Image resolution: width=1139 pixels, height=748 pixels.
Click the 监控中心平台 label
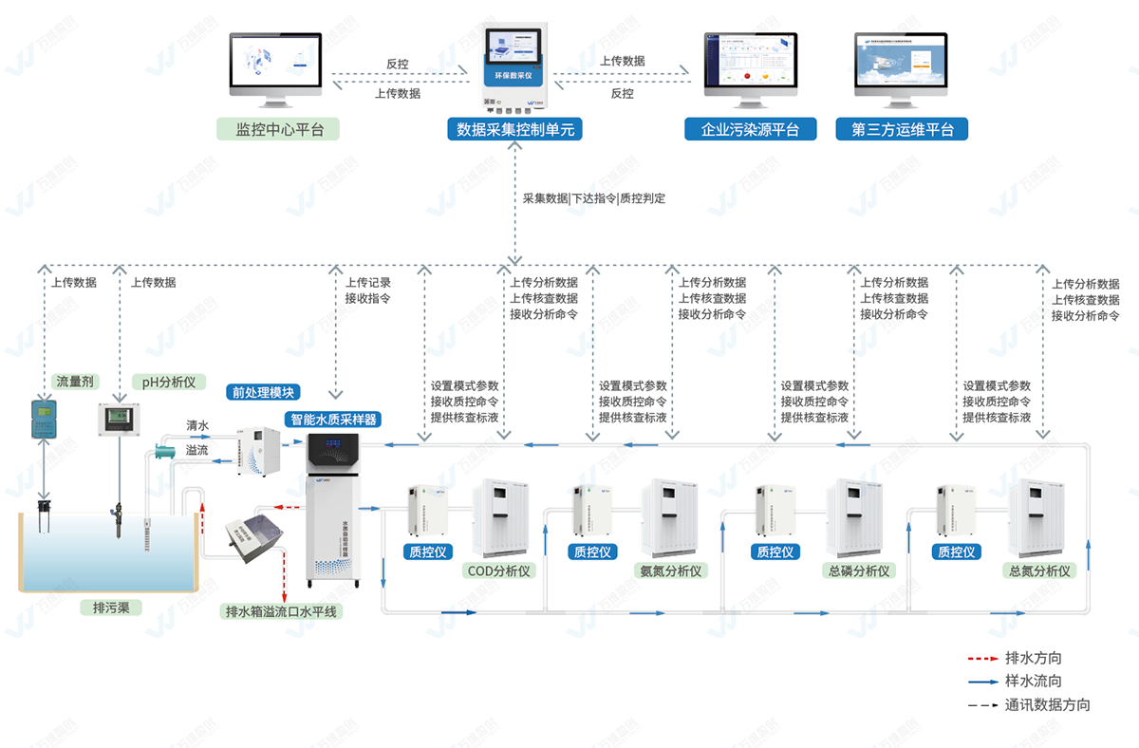(x=280, y=129)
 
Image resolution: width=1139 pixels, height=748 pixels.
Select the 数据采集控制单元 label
(x=515, y=129)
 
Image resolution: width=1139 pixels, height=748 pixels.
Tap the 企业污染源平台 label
(x=750, y=129)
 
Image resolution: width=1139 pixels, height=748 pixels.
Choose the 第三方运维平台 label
(x=902, y=129)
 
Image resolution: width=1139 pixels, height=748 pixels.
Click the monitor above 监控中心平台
(x=276, y=66)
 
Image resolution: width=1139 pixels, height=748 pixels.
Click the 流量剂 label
(x=74, y=382)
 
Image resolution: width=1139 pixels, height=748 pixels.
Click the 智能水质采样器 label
(x=331, y=419)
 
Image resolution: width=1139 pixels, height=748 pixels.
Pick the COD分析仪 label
(x=499, y=571)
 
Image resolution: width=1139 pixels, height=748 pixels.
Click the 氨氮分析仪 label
(x=671, y=571)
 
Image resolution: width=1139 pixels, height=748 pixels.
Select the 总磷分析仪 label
(x=857, y=571)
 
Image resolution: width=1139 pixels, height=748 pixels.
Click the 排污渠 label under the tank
(x=110, y=608)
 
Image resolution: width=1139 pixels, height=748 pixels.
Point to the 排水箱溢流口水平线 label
(x=280, y=611)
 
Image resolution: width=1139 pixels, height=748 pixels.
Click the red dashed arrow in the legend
(x=980, y=658)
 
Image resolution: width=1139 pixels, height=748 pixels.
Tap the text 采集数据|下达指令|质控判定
(x=594, y=199)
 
